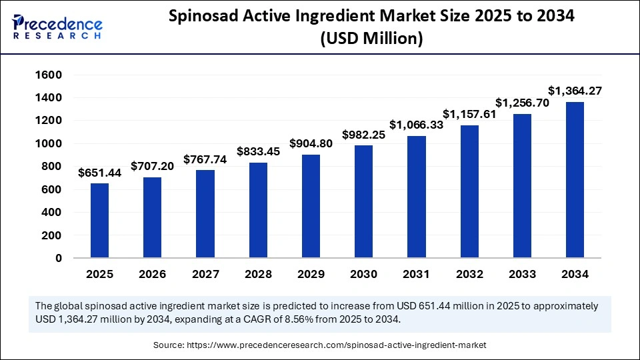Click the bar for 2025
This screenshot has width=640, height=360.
[x=99, y=220]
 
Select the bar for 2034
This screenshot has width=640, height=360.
[x=575, y=179]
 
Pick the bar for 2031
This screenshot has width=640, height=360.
[x=417, y=196]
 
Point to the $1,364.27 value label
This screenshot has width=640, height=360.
[x=575, y=90]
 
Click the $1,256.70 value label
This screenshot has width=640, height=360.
[x=522, y=103]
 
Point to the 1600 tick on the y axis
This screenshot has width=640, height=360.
[x=49, y=75]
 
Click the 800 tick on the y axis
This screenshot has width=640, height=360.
[x=52, y=167]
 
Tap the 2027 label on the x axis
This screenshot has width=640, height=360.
[x=205, y=274]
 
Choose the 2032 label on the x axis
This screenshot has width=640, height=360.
[x=469, y=274]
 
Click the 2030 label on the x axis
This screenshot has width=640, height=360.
[x=363, y=274]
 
